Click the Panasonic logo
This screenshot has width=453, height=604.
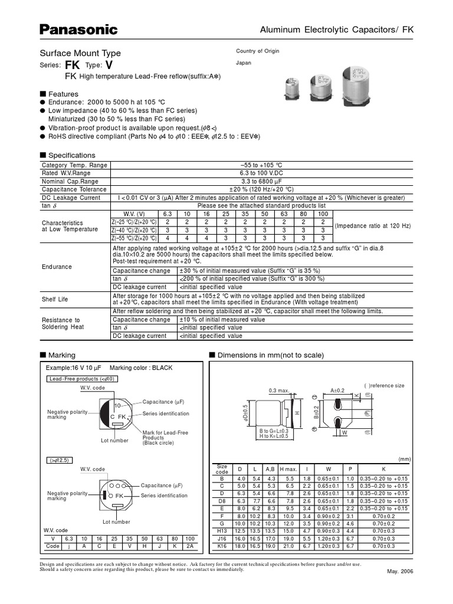coord(78,29)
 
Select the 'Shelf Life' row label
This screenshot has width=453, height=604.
coord(54,299)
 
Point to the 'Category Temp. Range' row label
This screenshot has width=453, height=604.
coord(74,166)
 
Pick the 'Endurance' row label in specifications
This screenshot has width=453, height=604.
coord(57,267)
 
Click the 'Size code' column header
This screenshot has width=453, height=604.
coord(222,468)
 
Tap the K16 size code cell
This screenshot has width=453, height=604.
coord(222,546)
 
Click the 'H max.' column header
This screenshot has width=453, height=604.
coord(289,468)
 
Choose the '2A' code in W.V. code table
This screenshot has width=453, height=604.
coord(190,546)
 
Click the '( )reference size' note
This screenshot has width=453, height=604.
coord(384,385)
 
